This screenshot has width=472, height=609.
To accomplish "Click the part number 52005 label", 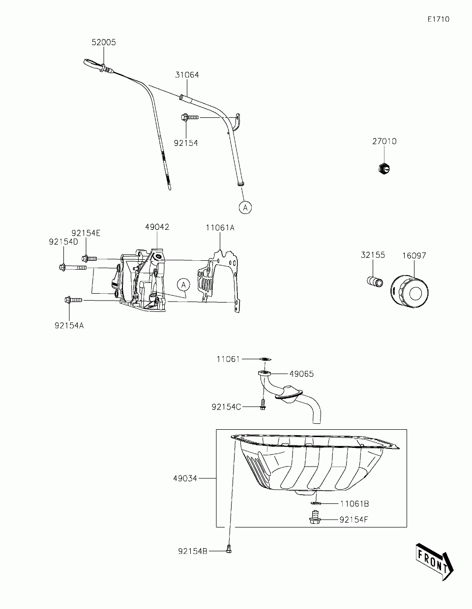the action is coord(103,42).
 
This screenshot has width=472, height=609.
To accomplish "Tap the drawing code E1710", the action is coord(439,19).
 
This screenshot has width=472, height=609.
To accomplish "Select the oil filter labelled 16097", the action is coord(410,291).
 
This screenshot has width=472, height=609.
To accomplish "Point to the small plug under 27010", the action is coord(383,168).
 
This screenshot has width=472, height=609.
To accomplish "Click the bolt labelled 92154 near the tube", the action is coord(190,117).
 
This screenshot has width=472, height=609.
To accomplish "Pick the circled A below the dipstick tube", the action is coord(245,208).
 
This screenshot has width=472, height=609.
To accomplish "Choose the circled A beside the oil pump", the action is coord(183,285).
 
